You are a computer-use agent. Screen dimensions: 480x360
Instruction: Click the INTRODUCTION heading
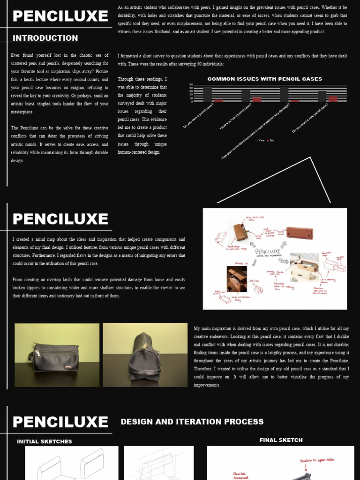coord(45,38)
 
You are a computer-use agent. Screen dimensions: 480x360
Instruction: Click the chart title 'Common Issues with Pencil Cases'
coord(264,79)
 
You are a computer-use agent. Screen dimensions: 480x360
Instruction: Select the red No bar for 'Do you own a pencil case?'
coord(218,100)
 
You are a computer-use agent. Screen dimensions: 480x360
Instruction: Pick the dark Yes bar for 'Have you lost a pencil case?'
coord(246,95)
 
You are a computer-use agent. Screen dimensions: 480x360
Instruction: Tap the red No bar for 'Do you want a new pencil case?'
coord(333,99)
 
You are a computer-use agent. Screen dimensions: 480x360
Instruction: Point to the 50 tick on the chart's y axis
coord(191,85)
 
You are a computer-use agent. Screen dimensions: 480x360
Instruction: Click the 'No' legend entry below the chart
coord(270,141)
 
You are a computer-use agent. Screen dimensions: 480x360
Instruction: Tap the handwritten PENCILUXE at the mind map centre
coord(268,252)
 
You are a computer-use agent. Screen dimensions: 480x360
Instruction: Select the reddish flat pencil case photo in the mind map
coord(300,232)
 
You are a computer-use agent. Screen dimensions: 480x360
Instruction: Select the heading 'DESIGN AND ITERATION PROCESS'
coord(192,422)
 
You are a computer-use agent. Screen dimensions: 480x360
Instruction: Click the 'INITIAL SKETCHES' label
coord(45,442)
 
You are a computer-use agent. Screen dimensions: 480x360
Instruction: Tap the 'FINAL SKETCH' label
coord(281,440)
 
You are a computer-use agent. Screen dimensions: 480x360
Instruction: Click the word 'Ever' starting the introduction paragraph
coord(15,55)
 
